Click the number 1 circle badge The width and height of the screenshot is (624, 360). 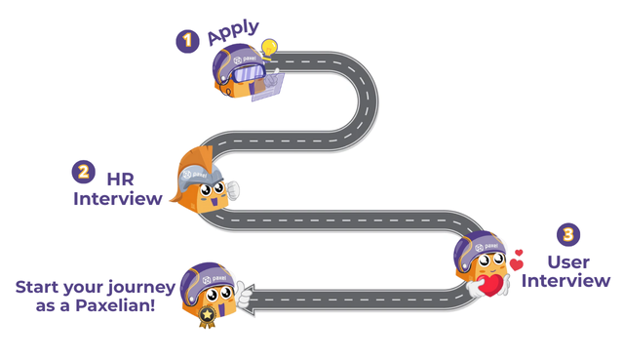(x=187, y=41)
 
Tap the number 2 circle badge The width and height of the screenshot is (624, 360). (x=83, y=172)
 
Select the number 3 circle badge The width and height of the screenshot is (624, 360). (x=568, y=234)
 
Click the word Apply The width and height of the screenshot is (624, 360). (x=233, y=31)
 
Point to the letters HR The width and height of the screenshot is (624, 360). (x=121, y=180)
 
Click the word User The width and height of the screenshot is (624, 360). (x=568, y=262)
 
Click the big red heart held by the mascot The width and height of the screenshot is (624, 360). (x=490, y=285)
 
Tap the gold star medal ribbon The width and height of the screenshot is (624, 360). (x=207, y=316)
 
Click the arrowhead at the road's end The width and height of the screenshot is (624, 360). (x=250, y=300)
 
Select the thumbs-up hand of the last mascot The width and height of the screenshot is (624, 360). (x=243, y=295)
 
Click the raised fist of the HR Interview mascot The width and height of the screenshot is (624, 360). (x=233, y=190)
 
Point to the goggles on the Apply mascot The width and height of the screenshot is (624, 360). (x=248, y=74)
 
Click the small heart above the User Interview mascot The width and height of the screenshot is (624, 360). (x=519, y=253)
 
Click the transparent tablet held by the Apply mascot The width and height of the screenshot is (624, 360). (x=268, y=87)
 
